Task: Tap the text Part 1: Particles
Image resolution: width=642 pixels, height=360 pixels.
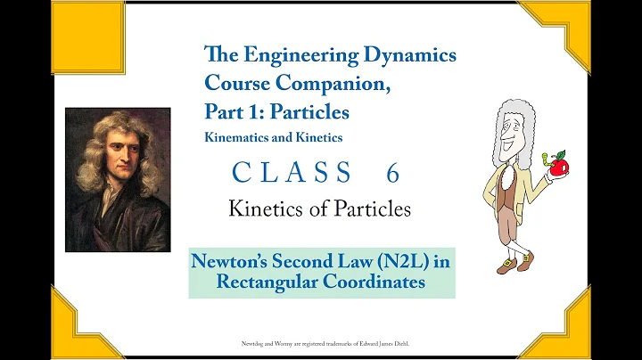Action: pos(276,113)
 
